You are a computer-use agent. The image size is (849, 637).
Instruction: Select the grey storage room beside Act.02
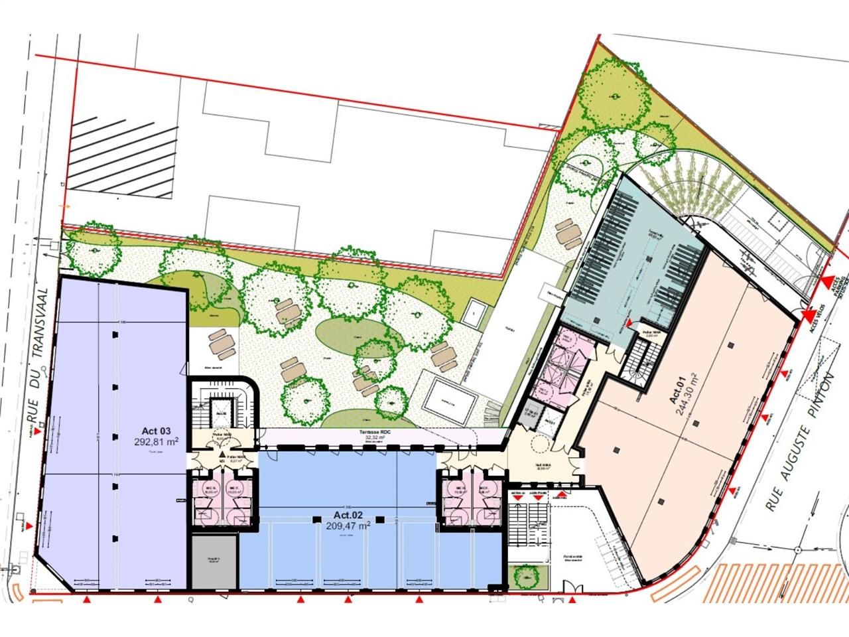click(x=214, y=561)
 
